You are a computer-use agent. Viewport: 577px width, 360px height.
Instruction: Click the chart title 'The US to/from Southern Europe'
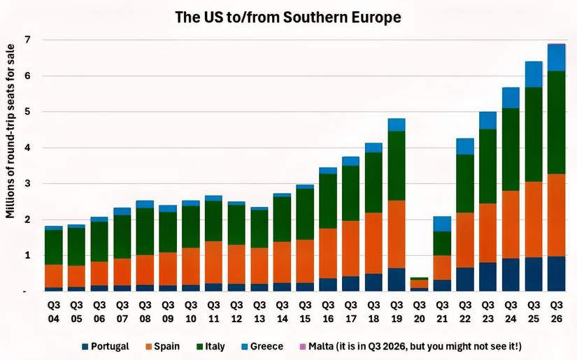click(x=288, y=17)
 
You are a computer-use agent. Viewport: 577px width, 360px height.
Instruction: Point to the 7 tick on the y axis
click(x=28, y=40)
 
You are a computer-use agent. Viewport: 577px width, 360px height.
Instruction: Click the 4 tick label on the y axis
click(x=28, y=148)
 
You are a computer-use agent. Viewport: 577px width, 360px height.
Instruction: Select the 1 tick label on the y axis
click(x=28, y=256)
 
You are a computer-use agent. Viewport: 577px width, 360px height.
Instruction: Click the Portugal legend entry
click(x=105, y=346)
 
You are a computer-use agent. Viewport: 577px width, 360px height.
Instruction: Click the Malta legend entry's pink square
click(x=302, y=346)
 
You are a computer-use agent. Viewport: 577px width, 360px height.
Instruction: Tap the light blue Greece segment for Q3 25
click(x=534, y=74)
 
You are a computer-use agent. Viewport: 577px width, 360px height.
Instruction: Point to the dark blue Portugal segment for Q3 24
click(x=511, y=275)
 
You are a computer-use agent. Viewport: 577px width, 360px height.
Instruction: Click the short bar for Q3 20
click(x=420, y=284)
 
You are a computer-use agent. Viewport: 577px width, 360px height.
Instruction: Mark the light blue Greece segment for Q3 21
click(x=442, y=224)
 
